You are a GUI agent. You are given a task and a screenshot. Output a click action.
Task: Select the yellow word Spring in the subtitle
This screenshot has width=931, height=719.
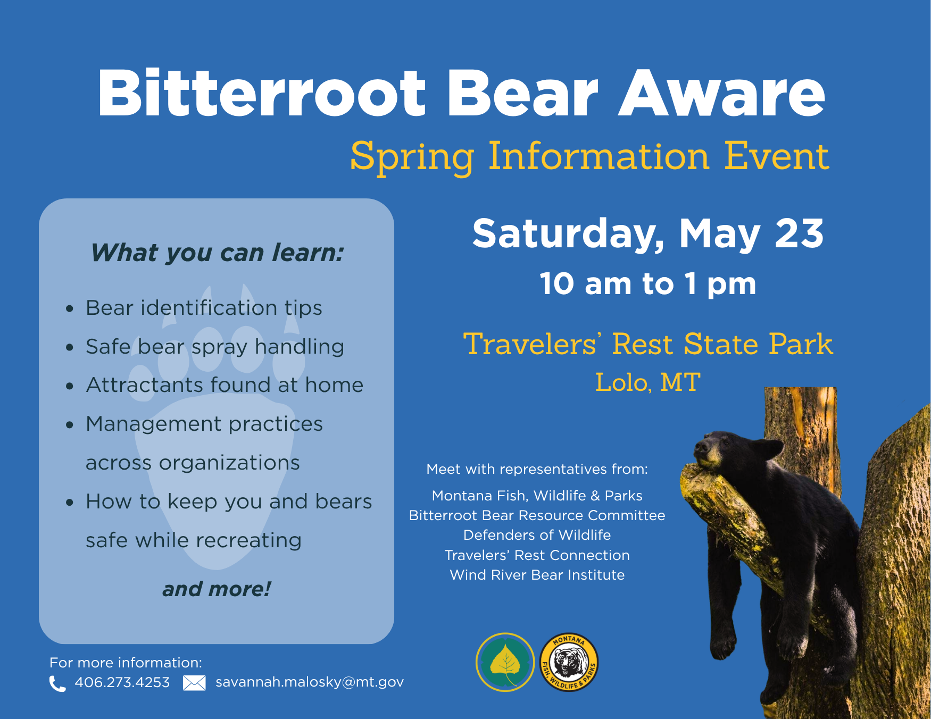412,157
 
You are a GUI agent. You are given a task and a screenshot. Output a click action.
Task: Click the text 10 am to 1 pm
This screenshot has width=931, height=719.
647,284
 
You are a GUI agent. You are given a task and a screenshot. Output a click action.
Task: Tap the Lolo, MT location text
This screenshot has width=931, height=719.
647,382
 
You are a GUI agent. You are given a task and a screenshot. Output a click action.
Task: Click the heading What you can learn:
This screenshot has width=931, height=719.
217,253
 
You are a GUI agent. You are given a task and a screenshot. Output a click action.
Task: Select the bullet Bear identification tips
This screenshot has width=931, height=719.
204,308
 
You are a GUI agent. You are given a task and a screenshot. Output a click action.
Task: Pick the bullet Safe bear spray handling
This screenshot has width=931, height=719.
215,347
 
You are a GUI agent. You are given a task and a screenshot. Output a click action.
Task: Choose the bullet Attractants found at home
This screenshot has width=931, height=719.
225,385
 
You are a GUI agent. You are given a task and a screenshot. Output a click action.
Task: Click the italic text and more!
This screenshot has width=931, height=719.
217,589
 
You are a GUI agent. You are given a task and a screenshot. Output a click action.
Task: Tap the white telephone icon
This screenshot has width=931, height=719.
57,683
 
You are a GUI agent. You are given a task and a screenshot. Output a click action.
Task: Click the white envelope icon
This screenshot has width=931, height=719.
194,683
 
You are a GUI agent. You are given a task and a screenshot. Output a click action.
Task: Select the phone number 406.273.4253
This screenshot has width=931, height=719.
122,682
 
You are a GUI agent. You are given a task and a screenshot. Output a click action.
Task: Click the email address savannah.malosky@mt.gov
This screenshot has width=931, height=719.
310,682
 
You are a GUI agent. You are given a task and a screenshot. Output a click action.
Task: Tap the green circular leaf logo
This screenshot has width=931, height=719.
505,662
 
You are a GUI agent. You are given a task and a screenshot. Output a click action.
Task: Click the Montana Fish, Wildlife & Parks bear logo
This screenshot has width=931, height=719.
569,663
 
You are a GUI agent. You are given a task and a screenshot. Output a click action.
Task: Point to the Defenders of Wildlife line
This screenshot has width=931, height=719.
537,535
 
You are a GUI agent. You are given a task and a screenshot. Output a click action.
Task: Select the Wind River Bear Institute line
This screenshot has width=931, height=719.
537,575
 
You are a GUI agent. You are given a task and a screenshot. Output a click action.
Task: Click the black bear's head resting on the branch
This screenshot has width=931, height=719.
716,452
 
